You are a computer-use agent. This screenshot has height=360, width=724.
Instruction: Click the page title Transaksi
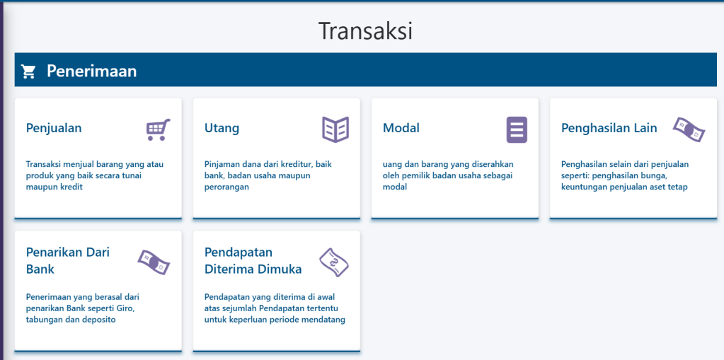click(365, 31)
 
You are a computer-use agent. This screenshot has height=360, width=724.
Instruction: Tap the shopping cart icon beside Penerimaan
click(28, 71)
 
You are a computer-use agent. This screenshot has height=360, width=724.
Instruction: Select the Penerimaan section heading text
click(91, 71)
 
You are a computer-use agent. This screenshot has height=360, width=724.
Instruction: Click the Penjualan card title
click(54, 128)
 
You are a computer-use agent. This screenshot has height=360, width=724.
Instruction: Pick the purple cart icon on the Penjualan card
click(158, 129)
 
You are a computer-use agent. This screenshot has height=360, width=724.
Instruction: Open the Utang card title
click(222, 128)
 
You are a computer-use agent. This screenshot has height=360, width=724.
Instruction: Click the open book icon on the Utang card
click(335, 129)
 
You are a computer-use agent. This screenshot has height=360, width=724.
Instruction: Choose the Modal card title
click(401, 128)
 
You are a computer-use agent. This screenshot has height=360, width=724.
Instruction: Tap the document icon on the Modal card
click(517, 129)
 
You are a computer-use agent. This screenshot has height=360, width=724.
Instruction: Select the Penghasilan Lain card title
click(609, 128)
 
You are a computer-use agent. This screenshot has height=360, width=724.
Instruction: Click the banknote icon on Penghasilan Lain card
click(689, 129)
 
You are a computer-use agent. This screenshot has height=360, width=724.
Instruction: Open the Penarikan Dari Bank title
click(68, 260)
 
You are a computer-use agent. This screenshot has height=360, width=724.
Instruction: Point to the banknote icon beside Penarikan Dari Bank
click(154, 262)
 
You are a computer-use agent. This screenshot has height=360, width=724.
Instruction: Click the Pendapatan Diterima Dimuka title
click(253, 260)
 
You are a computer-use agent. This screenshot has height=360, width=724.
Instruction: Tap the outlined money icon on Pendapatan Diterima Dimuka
click(334, 262)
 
